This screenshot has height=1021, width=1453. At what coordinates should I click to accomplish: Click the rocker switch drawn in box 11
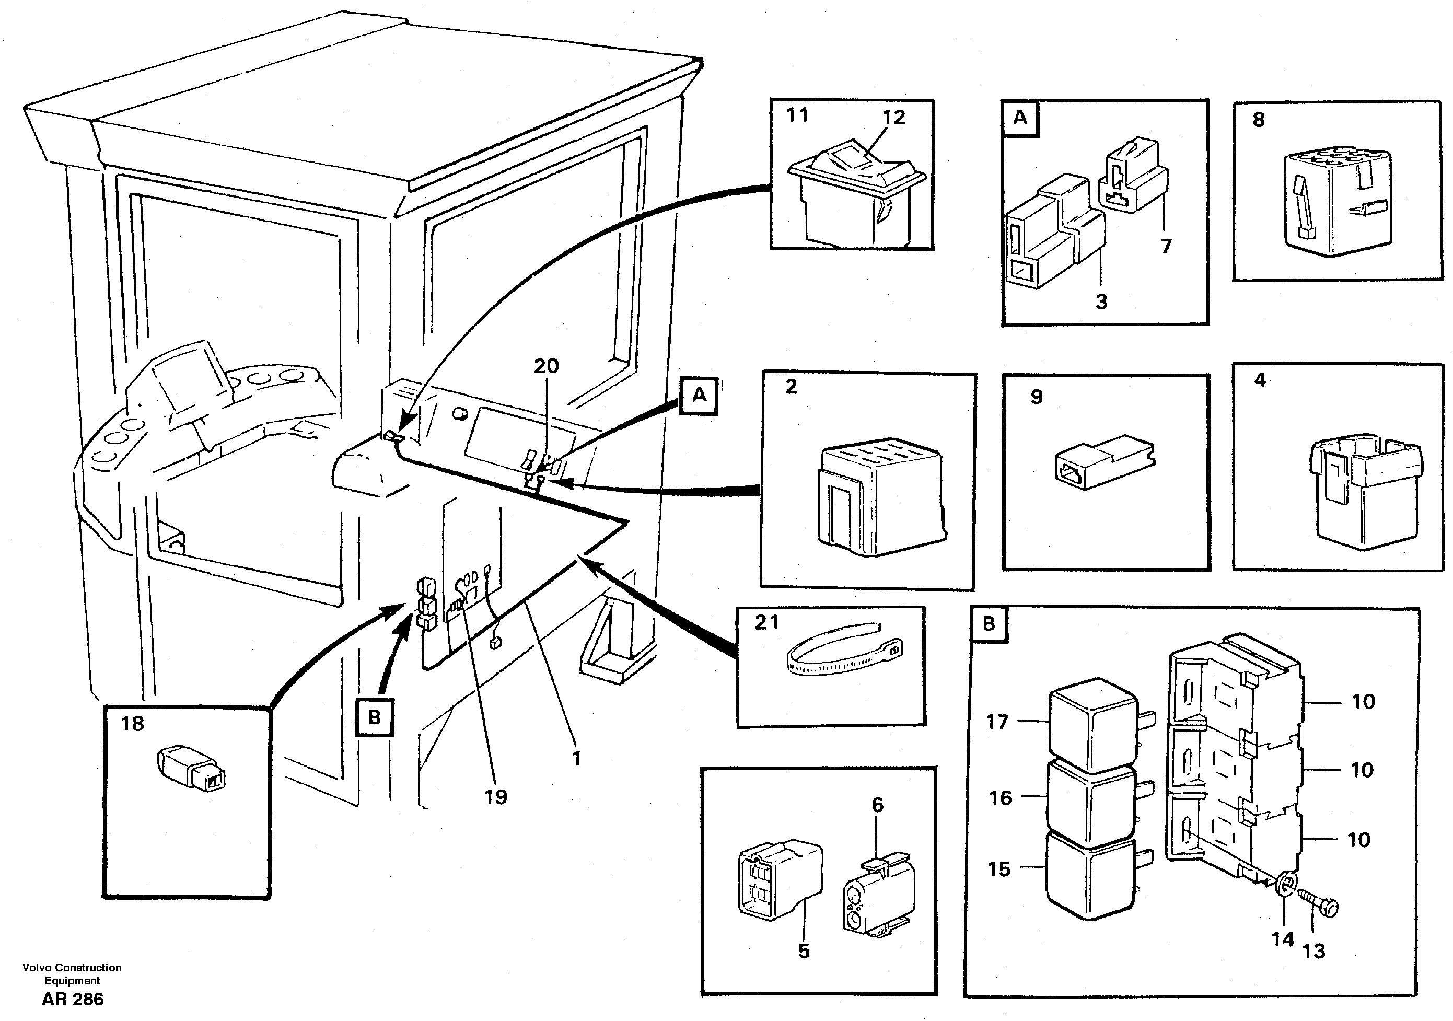856,193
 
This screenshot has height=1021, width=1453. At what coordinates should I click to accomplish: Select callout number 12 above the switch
893,117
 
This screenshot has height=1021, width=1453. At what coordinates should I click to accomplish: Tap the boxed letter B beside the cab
375,717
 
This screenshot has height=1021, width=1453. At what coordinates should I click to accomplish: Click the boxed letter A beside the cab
699,396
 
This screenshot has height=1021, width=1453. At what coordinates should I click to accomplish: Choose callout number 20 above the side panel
546,366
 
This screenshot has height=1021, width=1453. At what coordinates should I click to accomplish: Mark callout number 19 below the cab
495,796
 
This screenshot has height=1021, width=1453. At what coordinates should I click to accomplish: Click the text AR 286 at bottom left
72,999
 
